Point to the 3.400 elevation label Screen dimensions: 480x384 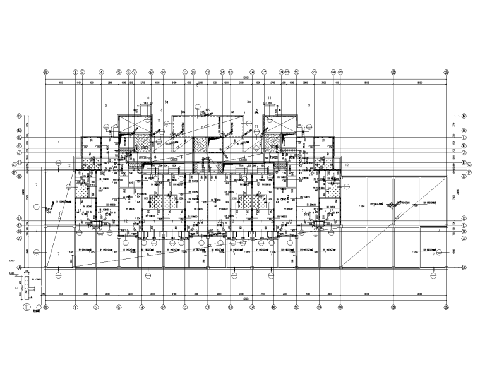[12, 260]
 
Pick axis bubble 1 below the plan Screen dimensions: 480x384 [75, 308]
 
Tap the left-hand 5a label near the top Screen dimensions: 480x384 [166, 101]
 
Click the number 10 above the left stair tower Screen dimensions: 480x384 [147, 98]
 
